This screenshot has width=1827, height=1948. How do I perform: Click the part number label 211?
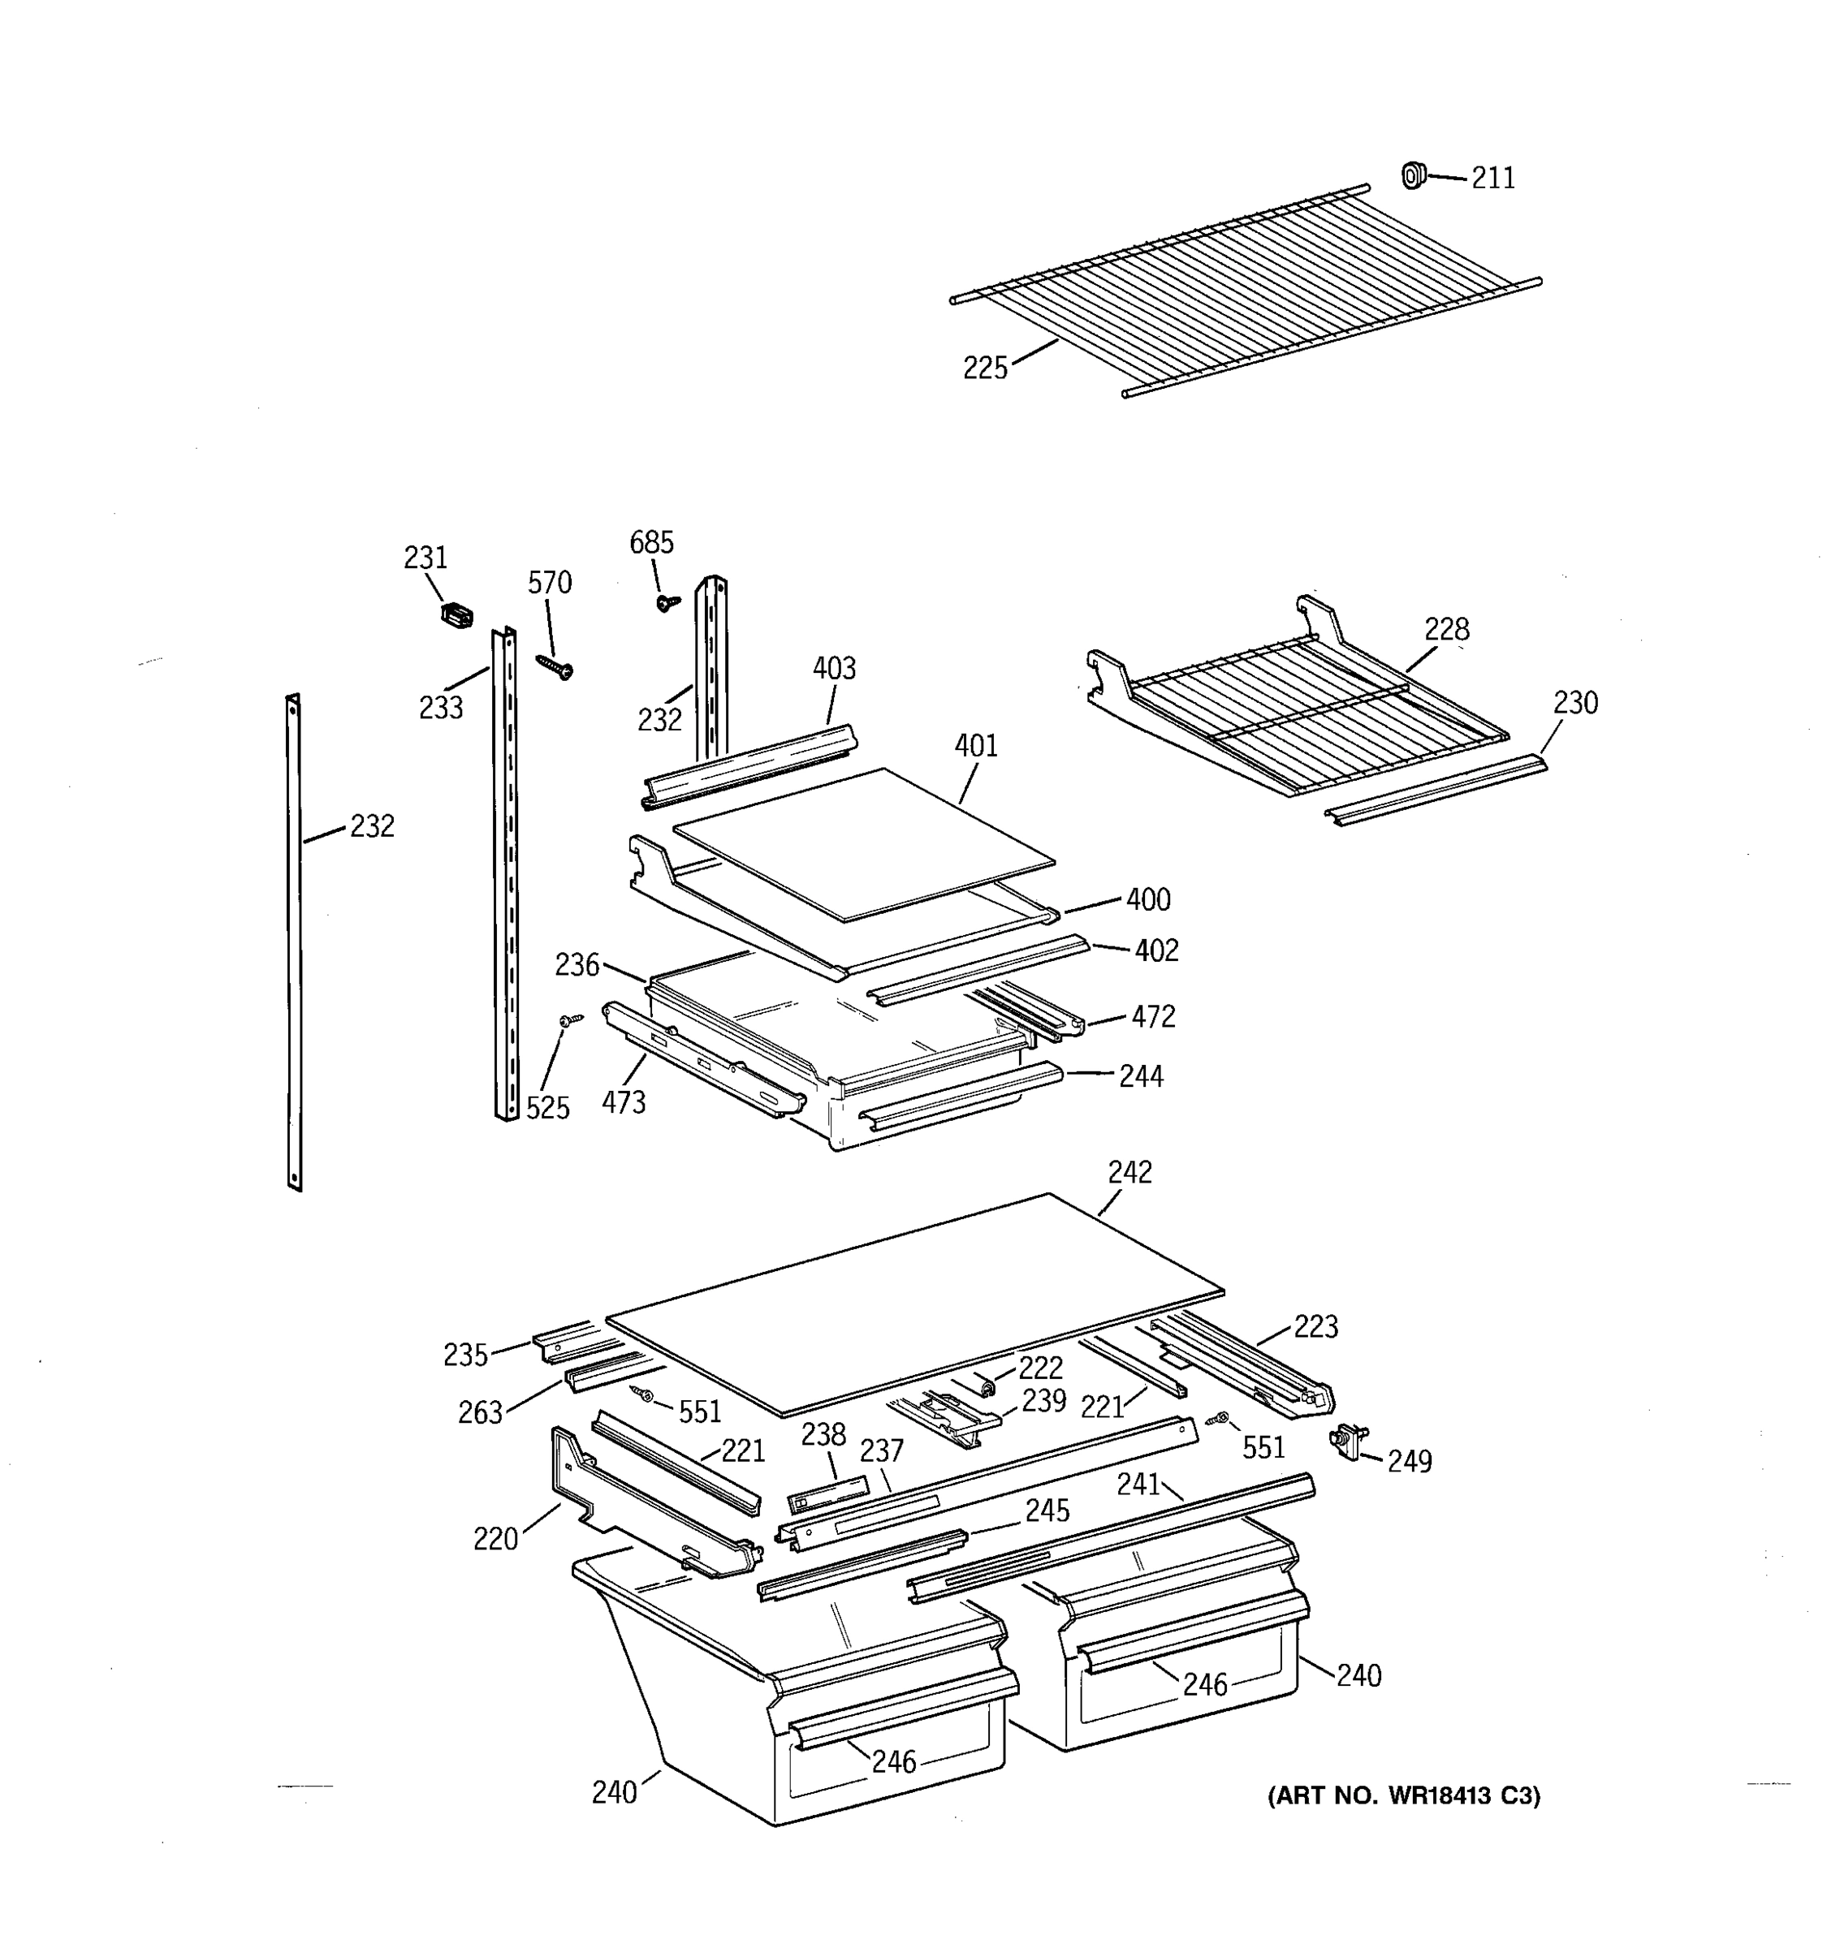pos(1492,179)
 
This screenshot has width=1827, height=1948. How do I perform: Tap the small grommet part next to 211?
pos(1411,175)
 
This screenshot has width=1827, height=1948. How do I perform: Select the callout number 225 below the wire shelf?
pos(984,368)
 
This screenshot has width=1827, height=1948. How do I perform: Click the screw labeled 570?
pos(555,666)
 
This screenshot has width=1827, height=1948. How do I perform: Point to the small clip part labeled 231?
pos(456,615)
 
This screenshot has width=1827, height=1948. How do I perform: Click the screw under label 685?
pos(667,601)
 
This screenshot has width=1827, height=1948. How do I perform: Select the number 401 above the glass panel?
pos(975,746)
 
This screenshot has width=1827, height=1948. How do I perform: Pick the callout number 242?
pos(1129,1172)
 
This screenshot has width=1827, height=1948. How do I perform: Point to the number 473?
pos(624,1103)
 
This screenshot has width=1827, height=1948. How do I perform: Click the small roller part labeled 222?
pos(985,1385)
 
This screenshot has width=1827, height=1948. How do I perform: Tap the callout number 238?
pos(823,1436)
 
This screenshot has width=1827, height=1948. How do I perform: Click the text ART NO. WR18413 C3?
pos(1404,1796)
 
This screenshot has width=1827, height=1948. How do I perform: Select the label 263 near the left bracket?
pos(479,1413)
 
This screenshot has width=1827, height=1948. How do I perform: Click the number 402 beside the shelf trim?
pos(1155,950)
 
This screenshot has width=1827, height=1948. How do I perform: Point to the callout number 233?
pos(440,708)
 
